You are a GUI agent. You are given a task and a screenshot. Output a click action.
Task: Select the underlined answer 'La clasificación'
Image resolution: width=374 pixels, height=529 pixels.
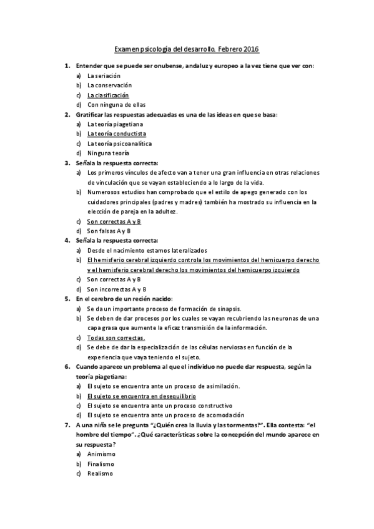(x=108, y=95)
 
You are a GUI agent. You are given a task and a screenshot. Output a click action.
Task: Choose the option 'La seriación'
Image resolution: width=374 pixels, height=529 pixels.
(x=104, y=75)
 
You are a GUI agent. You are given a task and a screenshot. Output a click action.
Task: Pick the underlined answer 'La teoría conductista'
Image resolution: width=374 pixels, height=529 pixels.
(x=117, y=133)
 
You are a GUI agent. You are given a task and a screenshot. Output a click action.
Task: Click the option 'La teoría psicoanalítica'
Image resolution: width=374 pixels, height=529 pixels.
(x=119, y=143)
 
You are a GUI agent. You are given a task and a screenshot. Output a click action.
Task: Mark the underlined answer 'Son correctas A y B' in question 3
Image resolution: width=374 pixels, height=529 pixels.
(x=114, y=221)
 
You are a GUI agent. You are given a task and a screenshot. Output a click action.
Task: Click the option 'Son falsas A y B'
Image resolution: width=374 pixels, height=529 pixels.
(x=110, y=231)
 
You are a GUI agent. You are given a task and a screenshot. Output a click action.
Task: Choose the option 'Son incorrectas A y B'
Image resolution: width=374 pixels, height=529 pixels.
(x=117, y=289)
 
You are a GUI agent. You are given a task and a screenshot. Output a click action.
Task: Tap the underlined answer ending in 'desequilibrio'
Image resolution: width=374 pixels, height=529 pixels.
(x=142, y=396)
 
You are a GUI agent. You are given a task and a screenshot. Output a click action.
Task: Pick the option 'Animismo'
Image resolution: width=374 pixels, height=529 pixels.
(x=102, y=454)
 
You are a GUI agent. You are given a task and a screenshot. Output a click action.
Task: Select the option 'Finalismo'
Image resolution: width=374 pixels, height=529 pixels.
(x=101, y=464)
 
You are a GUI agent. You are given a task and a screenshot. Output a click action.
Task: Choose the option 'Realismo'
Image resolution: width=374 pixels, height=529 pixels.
(x=100, y=473)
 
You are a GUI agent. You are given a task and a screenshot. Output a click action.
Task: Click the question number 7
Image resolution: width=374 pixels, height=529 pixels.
(x=67, y=425)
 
